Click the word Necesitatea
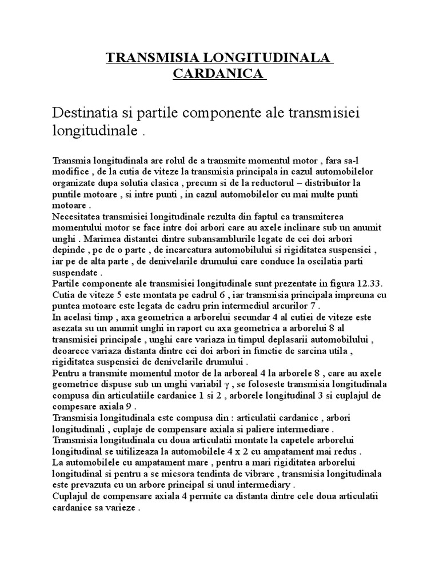coord(76,217)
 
